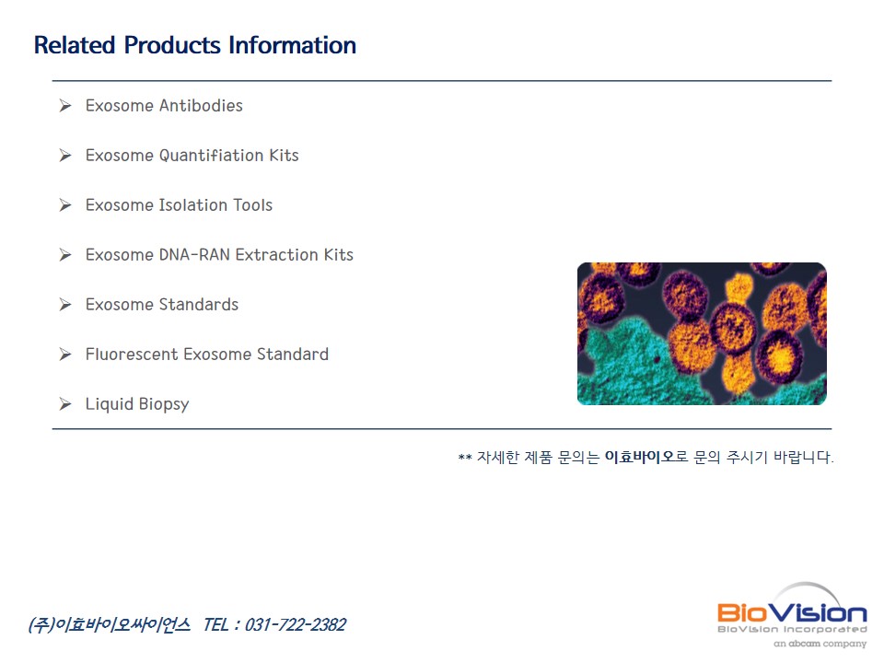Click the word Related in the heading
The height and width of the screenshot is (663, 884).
(x=75, y=45)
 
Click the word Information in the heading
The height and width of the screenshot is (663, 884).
(x=292, y=45)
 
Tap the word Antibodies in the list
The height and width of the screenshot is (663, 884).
(x=201, y=105)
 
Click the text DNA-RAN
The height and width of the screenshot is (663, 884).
(x=194, y=255)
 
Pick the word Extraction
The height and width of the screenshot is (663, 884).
(x=277, y=255)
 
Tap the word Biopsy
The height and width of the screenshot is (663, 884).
(x=164, y=405)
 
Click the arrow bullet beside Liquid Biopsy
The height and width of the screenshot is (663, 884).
(x=65, y=403)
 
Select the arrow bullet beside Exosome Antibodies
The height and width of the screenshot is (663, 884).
(x=65, y=105)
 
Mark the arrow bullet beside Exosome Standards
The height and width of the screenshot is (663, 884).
(x=65, y=305)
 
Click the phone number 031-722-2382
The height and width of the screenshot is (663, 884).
(x=296, y=624)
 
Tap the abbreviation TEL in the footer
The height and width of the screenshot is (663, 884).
(x=215, y=624)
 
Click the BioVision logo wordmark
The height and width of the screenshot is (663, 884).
(x=792, y=613)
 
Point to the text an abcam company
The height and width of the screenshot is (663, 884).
(x=820, y=644)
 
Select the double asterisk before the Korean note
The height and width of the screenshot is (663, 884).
(x=465, y=458)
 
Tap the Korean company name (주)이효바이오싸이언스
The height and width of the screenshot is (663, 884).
(x=110, y=624)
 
